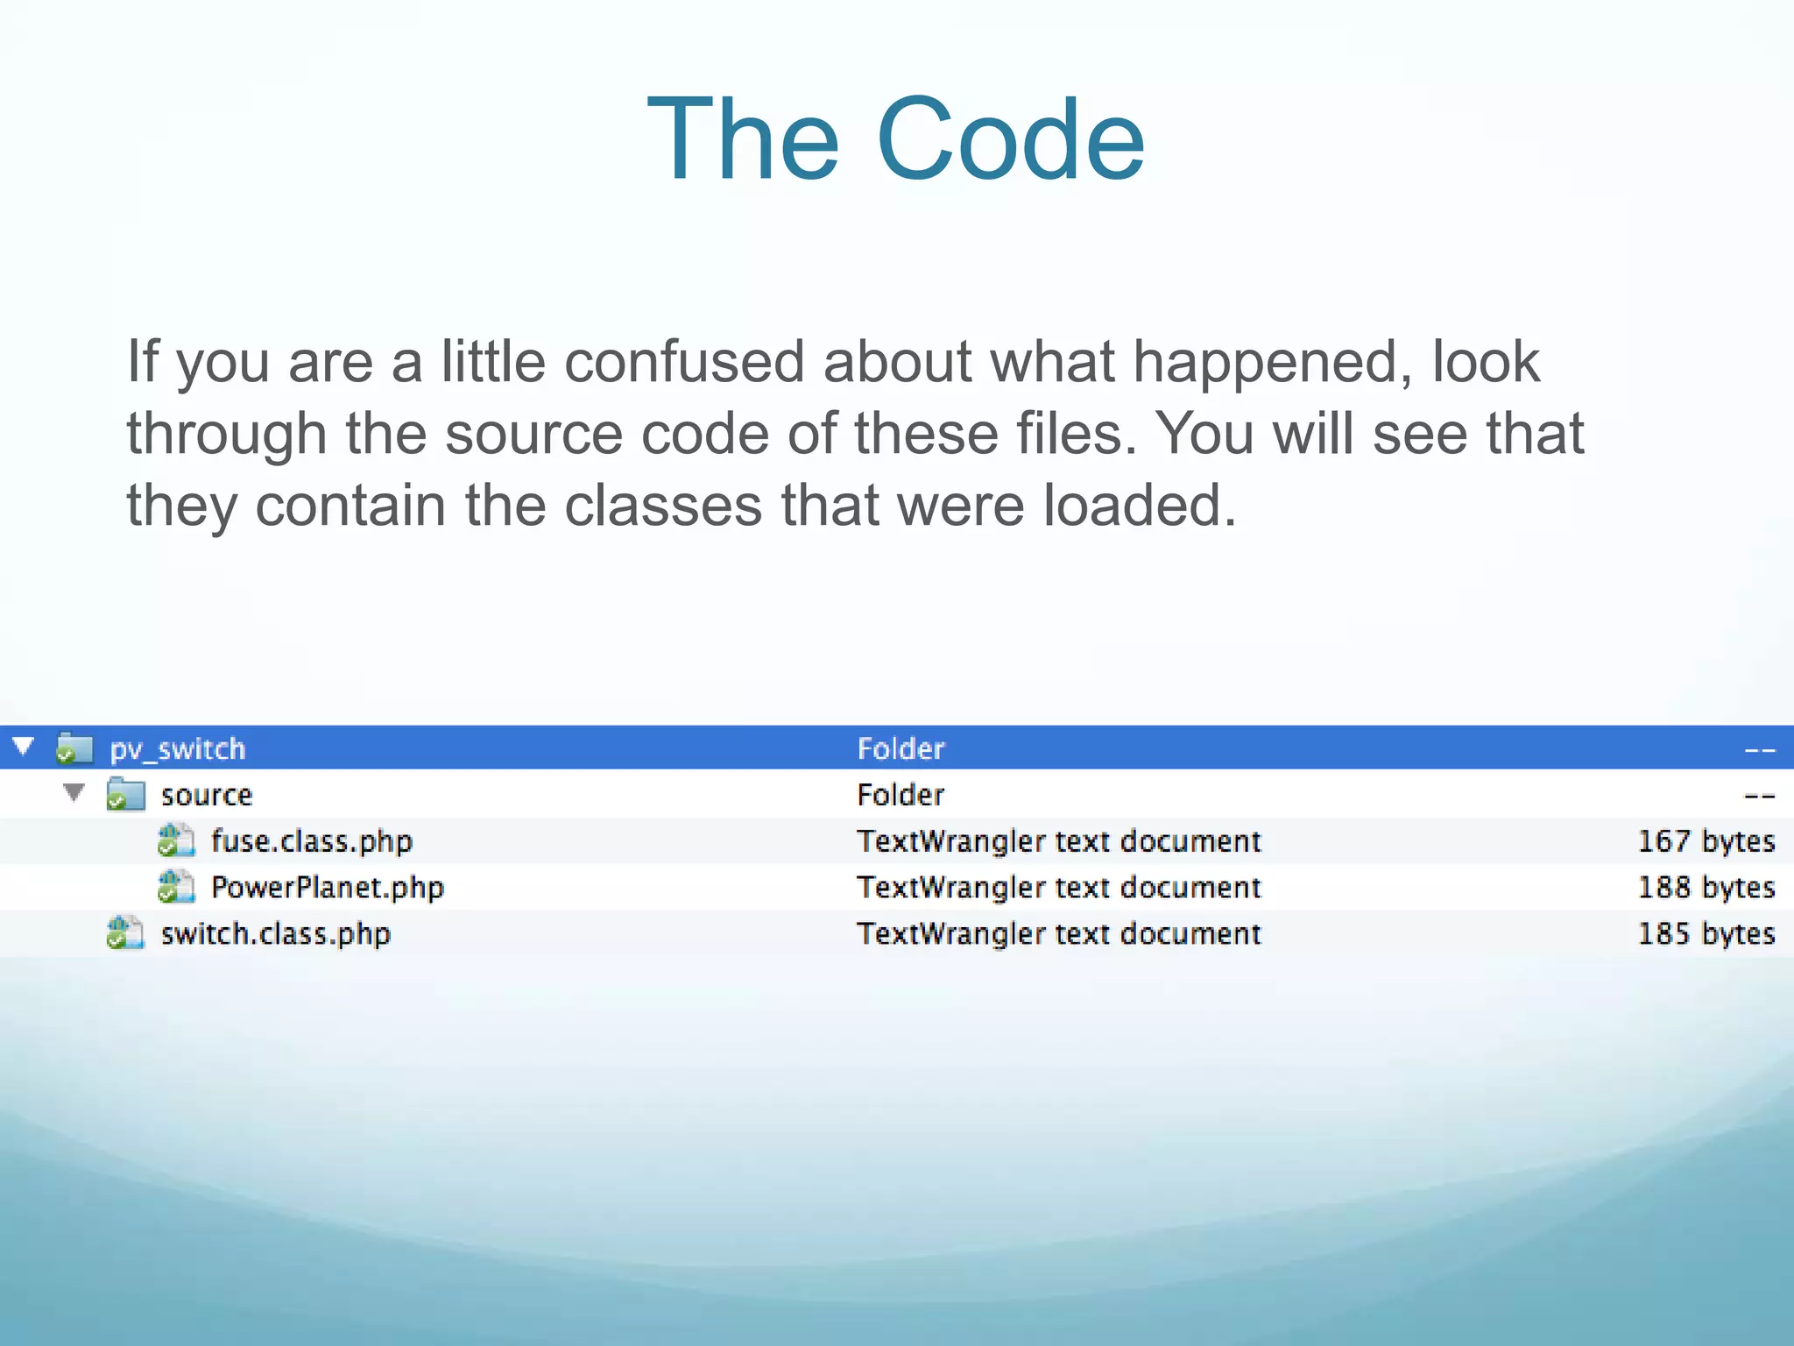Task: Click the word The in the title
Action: point(743,140)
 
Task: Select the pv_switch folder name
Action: point(178,749)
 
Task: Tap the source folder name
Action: point(207,795)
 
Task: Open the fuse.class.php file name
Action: point(312,841)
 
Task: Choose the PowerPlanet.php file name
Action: point(328,888)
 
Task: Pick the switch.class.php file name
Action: point(275,934)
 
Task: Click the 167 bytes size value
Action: point(1706,841)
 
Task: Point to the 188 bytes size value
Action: point(1706,888)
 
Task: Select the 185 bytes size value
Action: point(1706,934)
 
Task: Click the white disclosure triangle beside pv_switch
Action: point(24,747)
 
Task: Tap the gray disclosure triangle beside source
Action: point(74,793)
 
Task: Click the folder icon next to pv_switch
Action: point(74,749)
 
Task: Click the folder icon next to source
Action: point(125,795)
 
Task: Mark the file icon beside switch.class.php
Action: point(125,933)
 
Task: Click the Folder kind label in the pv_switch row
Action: point(901,749)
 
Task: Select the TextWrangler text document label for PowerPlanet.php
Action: point(1058,888)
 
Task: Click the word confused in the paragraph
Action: point(683,361)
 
